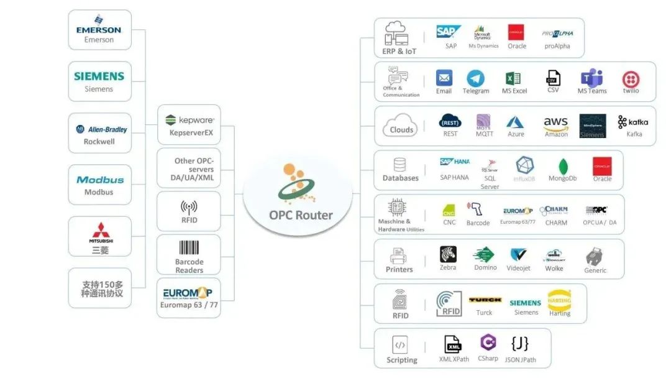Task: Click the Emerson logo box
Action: click(x=99, y=30)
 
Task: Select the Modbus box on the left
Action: click(x=99, y=185)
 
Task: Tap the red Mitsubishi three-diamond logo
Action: click(x=100, y=229)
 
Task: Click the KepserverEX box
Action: click(x=188, y=125)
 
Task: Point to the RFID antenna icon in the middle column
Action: click(x=189, y=207)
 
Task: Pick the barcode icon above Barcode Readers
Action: click(x=189, y=247)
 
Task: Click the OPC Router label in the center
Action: click(x=301, y=215)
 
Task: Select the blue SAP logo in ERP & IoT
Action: click(x=449, y=32)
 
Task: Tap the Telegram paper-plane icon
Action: click(x=476, y=78)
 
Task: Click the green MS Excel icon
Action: click(x=513, y=78)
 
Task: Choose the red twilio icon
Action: click(x=631, y=79)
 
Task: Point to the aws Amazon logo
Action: click(x=555, y=122)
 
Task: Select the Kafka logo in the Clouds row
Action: click(x=633, y=122)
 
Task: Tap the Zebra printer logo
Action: click(x=448, y=254)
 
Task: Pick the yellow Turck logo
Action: click(x=485, y=300)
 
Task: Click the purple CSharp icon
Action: click(x=488, y=343)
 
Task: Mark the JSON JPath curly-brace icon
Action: click(x=520, y=343)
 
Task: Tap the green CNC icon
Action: click(x=449, y=211)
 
